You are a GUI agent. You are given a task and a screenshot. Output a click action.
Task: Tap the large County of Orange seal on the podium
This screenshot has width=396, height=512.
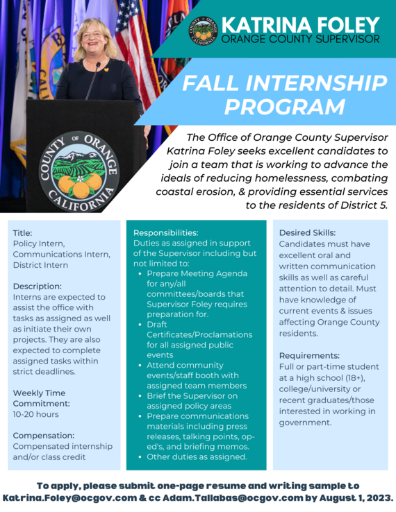pyautogui.click(x=79, y=170)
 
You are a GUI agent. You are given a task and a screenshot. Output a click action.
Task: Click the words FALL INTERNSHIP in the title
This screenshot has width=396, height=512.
pyautogui.click(x=285, y=83)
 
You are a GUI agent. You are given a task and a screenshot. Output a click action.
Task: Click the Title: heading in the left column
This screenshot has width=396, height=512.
pyautogui.click(x=23, y=233)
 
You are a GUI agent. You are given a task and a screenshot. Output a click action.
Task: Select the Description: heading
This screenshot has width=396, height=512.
pyautogui.click(x=38, y=286)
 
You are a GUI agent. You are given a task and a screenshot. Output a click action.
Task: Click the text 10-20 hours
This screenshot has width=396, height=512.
pyautogui.click(x=36, y=414)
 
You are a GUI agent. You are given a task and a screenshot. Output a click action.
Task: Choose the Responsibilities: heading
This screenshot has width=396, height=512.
pyautogui.click(x=166, y=232)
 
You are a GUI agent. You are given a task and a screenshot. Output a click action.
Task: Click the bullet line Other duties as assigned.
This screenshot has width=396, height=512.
pyautogui.click(x=197, y=456)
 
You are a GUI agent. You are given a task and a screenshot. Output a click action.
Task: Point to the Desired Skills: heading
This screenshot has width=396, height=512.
pyautogui.click(x=307, y=232)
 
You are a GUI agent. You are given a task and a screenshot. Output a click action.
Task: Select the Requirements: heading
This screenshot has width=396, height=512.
pyautogui.click(x=309, y=355)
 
